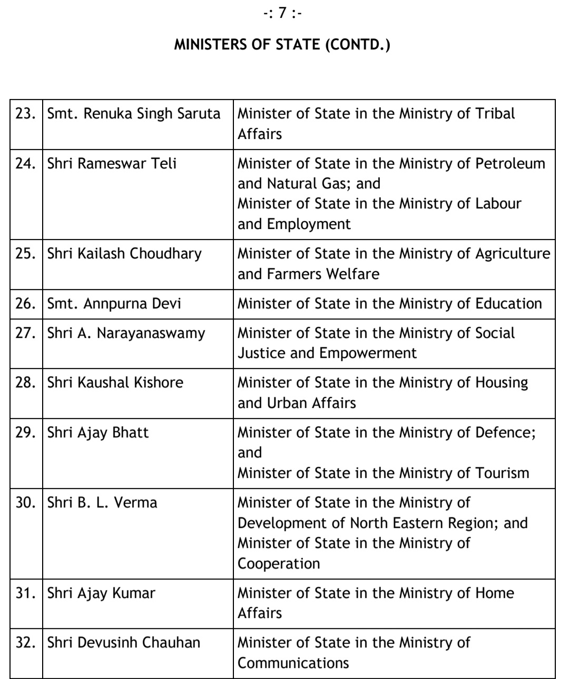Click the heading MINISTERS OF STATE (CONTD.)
point(282,45)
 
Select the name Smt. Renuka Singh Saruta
point(134,114)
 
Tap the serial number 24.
point(26,163)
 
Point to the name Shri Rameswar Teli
point(112,163)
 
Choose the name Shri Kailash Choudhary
point(124,254)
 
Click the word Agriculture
point(513,254)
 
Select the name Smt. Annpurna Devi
point(114,304)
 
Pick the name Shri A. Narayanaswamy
point(126,333)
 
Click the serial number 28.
point(26,383)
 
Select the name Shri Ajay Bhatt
point(98,433)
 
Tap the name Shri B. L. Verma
point(102,503)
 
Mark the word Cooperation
point(279,563)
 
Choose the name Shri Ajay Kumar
point(101,593)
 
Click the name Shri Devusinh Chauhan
point(124,643)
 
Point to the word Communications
point(293,663)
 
